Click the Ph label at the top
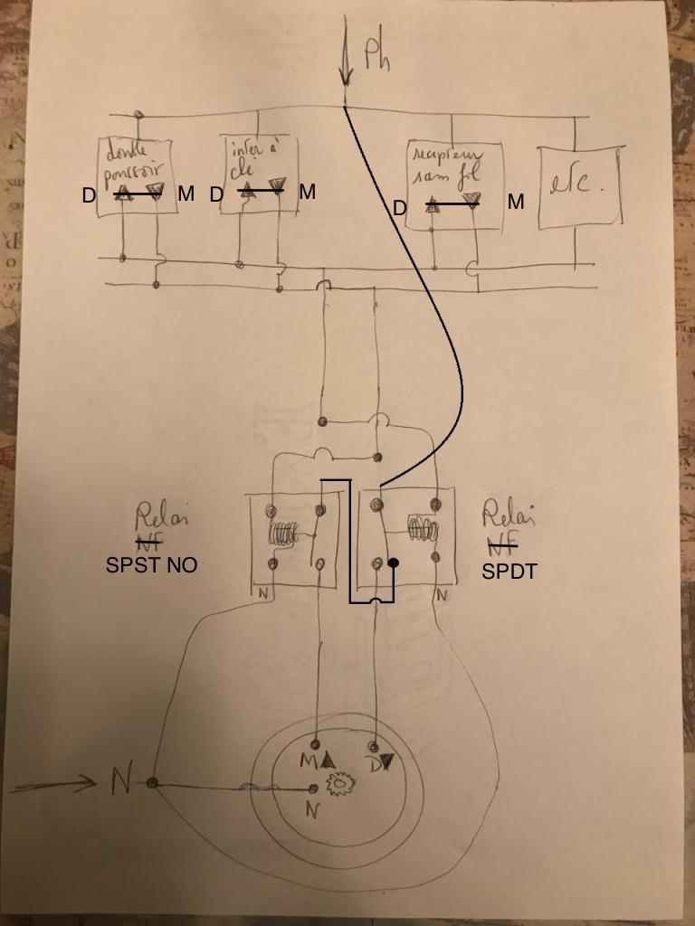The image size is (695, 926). pyautogui.click(x=378, y=56)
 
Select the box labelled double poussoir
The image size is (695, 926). pyautogui.click(x=137, y=176)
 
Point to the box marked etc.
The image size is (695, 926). pyautogui.click(x=580, y=185)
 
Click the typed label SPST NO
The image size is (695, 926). pyautogui.click(x=151, y=566)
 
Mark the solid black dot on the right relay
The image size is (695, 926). pyautogui.click(x=394, y=564)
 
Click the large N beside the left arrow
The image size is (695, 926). pyautogui.click(x=120, y=780)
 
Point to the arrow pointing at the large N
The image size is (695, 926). pyautogui.click(x=54, y=784)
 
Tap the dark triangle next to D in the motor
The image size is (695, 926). pyautogui.click(x=386, y=763)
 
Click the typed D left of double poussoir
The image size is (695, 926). pyautogui.click(x=89, y=194)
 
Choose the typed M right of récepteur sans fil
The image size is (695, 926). pyautogui.click(x=516, y=203)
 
